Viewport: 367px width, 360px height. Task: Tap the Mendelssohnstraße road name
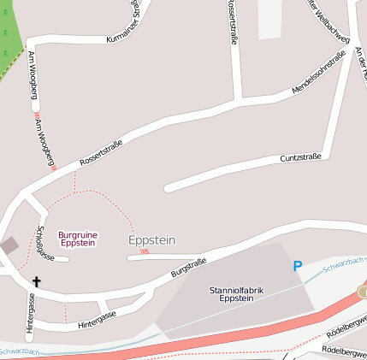pos(318,73)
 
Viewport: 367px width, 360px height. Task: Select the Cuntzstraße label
pos(300,157)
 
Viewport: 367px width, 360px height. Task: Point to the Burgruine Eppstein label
pos(77,239)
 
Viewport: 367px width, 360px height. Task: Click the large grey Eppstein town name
pos(151,240)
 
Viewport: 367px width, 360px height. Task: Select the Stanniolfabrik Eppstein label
pos(236,294)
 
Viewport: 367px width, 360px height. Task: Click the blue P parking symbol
pos(298,267)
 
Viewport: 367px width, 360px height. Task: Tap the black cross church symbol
pos(37,280)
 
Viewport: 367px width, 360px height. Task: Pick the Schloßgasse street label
pos(44,244)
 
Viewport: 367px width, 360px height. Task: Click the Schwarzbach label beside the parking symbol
pos(344,263)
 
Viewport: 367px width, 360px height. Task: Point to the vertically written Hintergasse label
pos(31,313)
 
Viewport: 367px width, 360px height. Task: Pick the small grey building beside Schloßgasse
pos(9,246)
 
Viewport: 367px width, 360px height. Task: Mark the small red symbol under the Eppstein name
pos(144,251)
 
